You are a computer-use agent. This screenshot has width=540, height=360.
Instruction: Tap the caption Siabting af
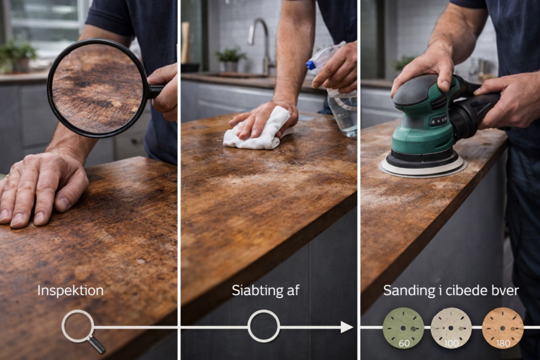click(x=266, y=290)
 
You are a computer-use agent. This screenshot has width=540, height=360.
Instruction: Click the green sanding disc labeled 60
click(x=403, y=328)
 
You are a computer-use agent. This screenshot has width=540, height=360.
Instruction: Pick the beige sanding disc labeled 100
click(x=451, y=328)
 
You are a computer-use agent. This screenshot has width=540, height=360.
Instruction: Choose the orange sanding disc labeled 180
click(x=503, y=328)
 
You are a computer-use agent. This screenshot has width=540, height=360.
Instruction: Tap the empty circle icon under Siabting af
click(x=264, y=326)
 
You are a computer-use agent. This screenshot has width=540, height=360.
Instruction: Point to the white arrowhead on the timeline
click(x=347, y=327)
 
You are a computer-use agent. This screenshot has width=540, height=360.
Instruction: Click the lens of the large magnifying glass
click(x=97, y=89)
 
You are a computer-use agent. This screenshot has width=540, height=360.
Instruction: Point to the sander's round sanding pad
click(x=423, y=167)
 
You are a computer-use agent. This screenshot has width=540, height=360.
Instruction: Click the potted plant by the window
click(x=17, y=55)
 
